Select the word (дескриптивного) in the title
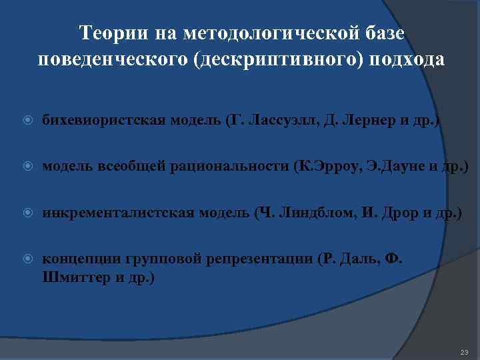coord(280,59)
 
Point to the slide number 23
coord(465,351)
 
